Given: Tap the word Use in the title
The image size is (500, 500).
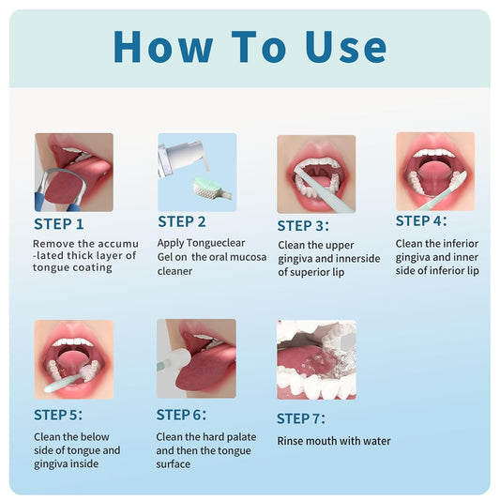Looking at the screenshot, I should [x=345, y=46].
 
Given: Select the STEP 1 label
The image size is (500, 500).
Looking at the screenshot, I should [x=59, y=224].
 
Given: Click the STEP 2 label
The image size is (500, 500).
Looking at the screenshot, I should [x=182, y=221].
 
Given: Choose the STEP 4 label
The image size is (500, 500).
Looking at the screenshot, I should [x=421, y=221].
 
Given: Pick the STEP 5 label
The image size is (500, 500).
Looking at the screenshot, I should [x=59, y=414].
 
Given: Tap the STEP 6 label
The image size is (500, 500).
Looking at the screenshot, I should [x=182, y=414].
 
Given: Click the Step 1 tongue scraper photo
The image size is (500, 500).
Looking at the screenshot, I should [x=74, y=172].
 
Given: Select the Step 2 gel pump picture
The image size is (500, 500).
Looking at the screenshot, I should [x=197, y=172].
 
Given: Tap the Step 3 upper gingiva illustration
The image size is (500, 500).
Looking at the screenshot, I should [x=316, y=174].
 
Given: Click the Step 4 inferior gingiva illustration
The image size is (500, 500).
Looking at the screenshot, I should [x=434, y=171].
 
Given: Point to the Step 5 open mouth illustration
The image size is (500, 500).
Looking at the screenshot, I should [x=74, y=358].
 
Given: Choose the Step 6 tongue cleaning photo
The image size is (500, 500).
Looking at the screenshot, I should [x=196, y=358].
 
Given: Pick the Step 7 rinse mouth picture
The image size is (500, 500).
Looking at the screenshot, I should [x=316, y=360].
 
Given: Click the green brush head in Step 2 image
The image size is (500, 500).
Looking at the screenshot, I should [x=212, y=187].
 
